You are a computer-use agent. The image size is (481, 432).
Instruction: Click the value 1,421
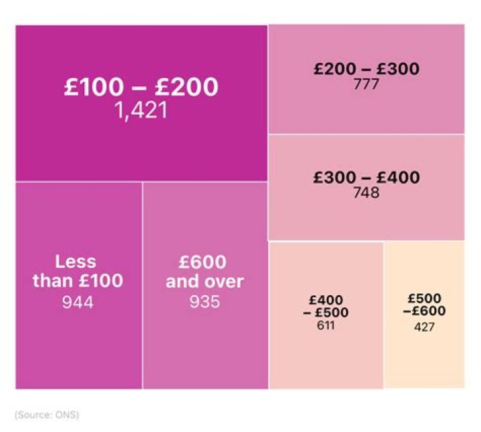coord(140,110)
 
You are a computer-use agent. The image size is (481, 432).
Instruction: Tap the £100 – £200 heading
coord(141,87)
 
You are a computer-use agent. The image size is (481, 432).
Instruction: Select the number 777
coord(367,84)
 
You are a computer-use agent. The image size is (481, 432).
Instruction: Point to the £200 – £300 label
coord(367,69)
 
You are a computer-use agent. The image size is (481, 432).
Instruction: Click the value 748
coord(367,193)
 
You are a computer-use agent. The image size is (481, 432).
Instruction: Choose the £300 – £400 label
coord(367,178)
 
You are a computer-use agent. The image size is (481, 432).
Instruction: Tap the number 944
coord(78,302)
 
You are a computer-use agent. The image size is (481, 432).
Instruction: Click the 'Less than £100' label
coord(78,271)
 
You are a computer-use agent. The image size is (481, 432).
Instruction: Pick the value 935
coord(205,302)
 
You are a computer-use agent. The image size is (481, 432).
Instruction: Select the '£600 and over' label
coord(205,271)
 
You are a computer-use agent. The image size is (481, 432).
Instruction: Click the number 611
coord(326,326)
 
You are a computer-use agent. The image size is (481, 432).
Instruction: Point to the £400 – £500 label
coord(326,306)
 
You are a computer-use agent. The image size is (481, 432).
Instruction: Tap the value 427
coord(424,327)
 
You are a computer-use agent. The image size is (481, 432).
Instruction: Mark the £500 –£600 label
coord(424,305)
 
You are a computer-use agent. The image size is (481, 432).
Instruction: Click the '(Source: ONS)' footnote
coord(47,415)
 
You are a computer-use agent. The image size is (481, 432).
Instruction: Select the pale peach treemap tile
coord(424,354)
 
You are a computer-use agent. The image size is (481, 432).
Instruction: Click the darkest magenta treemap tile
coord(141,147)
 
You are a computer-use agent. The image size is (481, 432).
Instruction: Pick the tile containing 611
coord(326,354)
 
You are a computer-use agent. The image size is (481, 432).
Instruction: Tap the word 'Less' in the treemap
coord(76,261)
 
